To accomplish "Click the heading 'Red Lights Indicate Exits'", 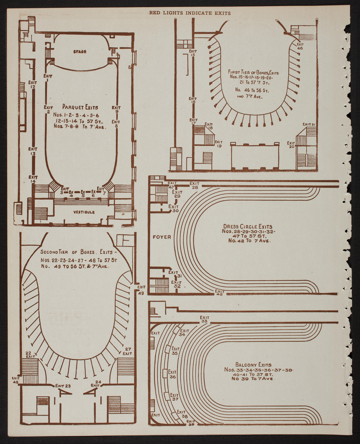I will coord(190,13).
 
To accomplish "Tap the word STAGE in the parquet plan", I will coord(80,52).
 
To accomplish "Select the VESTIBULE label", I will coord(84,212).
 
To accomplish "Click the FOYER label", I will coord(162,237).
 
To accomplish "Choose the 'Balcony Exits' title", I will coord(254,365).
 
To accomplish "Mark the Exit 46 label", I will coord(300,46).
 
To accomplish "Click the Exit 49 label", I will coord(141,290).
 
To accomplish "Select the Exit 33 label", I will coord(204,319).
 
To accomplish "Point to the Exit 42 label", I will coord(219,292).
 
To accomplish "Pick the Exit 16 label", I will coord(193,100).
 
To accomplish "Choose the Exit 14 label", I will coord(33,179).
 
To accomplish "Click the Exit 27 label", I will coord(127,351).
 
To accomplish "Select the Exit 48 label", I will coord(16,380).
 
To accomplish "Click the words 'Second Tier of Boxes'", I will coord(69,252).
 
